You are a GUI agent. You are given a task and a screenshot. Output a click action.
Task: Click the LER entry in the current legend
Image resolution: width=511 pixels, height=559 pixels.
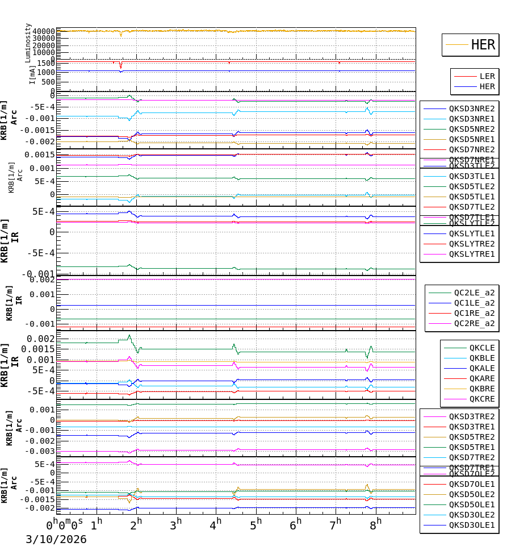point(487,76)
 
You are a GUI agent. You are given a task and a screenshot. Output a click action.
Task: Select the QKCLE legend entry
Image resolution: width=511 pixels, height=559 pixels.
point(481,348)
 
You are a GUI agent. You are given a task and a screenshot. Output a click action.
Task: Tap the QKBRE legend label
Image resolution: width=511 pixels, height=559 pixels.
point(481,389)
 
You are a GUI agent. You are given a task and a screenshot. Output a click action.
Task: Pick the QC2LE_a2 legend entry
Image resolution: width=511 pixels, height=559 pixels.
point(474,293)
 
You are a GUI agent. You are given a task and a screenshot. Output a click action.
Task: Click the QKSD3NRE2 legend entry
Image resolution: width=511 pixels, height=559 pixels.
point(472,109)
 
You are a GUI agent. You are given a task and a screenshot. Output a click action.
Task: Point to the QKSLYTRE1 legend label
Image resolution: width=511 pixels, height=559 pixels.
point(472,254)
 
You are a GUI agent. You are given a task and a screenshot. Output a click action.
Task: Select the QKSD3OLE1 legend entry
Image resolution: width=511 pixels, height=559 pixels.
point(472,525)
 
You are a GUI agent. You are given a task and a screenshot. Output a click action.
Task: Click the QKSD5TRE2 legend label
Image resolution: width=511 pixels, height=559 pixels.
point(472,437)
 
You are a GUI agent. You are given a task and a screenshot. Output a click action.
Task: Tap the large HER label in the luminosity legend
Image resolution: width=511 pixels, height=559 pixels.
point(483,45)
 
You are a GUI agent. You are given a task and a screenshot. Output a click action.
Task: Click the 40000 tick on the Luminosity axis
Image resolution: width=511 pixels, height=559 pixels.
point(43,31)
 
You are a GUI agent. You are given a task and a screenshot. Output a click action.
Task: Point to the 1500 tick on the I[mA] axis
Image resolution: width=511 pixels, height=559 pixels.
point(47,63)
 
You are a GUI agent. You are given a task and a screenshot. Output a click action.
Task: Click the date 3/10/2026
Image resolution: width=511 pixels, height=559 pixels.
point(56,540)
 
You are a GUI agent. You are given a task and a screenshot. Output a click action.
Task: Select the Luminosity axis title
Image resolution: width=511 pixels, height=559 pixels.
point(28,42)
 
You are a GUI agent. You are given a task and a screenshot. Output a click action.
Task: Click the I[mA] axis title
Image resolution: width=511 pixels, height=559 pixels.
point(32,74)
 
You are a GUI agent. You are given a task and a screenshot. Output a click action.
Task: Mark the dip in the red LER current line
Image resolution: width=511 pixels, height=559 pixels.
point(120,67)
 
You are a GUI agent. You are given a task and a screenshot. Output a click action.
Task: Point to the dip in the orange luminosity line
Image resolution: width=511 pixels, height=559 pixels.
point(120,35)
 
